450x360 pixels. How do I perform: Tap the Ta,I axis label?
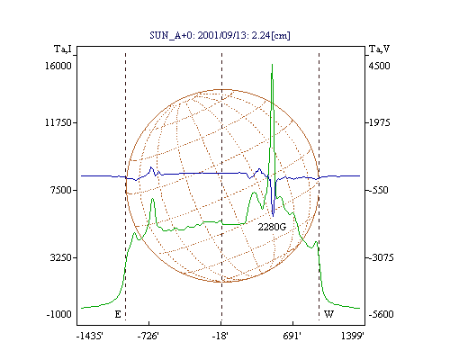63,49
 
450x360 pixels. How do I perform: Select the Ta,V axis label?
379,49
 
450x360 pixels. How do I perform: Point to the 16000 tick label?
58,66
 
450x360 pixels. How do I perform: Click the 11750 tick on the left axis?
58,122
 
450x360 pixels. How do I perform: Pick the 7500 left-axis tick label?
61,190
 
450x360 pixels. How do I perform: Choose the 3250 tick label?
61,257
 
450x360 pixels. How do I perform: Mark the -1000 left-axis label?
59,314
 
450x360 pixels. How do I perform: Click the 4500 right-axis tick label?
380,66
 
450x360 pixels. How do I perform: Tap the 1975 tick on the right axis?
380,122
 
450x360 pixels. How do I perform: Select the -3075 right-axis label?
381,257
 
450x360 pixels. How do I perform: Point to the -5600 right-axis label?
381,314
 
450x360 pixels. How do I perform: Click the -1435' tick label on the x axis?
90,336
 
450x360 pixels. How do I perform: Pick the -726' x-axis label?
148,336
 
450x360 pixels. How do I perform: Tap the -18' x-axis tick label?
220,336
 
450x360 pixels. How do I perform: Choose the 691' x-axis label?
292,336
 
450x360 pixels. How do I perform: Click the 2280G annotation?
272,227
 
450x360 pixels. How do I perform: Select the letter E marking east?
118,314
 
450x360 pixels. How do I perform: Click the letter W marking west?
328,314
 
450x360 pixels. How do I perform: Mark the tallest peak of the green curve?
272,65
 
